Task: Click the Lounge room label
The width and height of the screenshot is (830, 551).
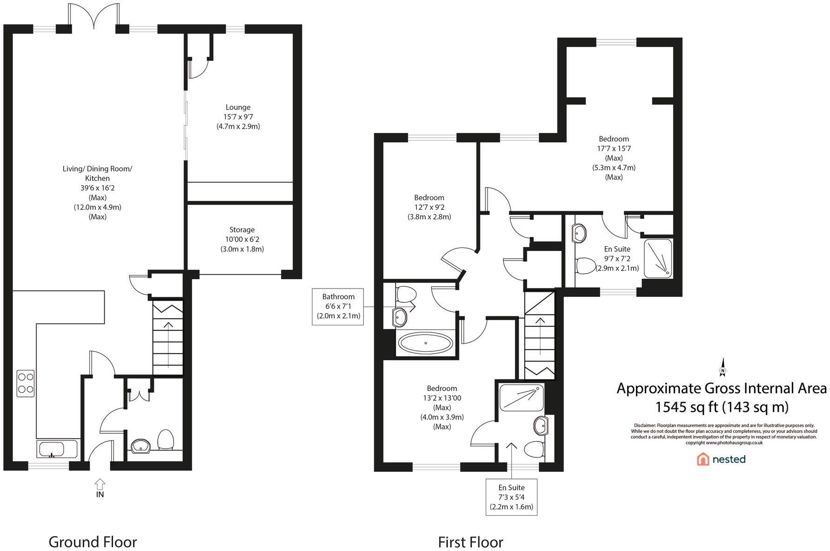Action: click(238, 108)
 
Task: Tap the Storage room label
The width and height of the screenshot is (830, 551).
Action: click(242, 230)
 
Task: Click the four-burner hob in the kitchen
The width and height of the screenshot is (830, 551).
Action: click(26, 383)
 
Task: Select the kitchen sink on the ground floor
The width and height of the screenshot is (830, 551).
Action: click(52, 450)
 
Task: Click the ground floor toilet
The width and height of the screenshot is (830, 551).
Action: click(165, 440)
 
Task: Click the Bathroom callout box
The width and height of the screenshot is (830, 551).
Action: click(338, 306)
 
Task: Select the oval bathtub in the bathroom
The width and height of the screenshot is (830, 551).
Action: click(425, 344)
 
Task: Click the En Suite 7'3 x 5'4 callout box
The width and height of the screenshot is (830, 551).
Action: click(511, 497)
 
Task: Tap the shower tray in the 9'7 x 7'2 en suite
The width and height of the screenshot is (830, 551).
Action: click(658, 258)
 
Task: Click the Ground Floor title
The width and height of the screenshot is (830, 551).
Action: click(93, 542)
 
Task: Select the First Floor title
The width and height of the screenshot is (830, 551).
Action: click(470, 542)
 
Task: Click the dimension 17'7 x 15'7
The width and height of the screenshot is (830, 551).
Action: click(614, 148)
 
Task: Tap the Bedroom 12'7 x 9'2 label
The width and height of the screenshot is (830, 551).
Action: click(429, 198)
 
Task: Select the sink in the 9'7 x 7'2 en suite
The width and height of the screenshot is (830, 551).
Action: click(580, 232)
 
